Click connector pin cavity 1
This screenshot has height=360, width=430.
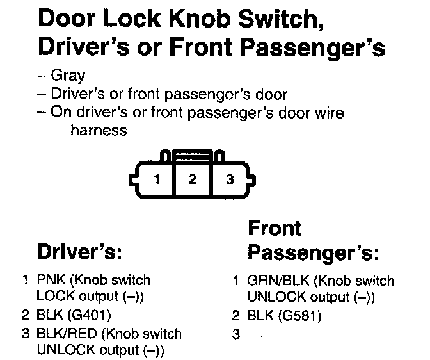click(156, 179)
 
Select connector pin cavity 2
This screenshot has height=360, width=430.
click(192, 179)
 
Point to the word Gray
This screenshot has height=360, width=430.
click(70, 75)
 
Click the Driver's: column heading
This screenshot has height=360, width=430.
click(79, 252)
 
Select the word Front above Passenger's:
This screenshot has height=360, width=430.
click(274, 229)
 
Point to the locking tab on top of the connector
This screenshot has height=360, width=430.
click(193, 154)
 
